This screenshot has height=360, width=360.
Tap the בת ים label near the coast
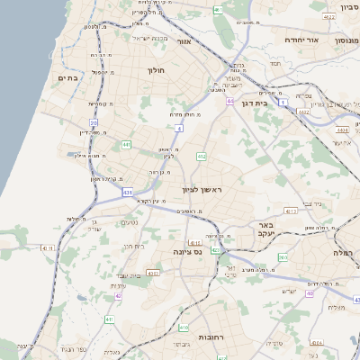[x=69, y=78]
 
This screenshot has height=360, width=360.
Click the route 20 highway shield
[x=94, y=122]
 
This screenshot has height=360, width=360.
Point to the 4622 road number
[x=329, y=16]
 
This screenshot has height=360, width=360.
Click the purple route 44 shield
[x=230, y=102]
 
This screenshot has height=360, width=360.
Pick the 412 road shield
[x=202, y=157]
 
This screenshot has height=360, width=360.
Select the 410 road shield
[x=184, y=328]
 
